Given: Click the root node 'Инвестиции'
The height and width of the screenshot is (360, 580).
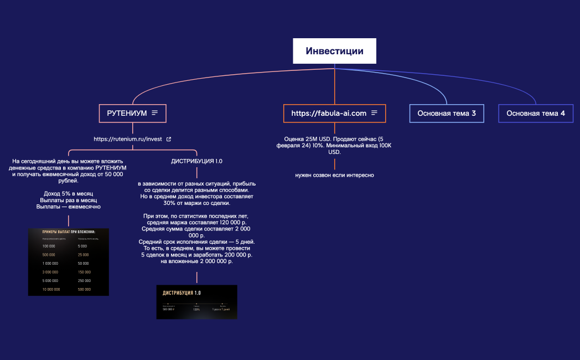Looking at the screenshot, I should [334, 51].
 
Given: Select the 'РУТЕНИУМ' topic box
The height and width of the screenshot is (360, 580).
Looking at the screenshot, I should [127, 113].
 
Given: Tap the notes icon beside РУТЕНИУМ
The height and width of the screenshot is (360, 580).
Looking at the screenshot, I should [155, 113].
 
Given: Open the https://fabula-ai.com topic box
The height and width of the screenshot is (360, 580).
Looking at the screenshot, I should [329, 113].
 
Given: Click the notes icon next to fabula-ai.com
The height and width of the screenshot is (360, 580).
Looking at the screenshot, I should [375, 113].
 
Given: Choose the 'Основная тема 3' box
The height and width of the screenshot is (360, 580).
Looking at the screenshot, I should [447, 113].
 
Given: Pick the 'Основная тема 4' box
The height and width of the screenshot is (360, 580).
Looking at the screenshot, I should [536, 113].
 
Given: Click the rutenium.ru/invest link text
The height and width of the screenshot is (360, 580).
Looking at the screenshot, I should [128, 139].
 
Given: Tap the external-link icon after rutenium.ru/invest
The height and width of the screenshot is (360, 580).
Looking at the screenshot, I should [169, 139].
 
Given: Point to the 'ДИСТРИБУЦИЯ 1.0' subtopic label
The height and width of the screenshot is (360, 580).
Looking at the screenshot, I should [197, 161].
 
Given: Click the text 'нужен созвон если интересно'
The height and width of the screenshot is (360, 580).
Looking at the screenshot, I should [334, 175].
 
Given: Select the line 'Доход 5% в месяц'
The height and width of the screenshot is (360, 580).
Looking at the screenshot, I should [69, 193].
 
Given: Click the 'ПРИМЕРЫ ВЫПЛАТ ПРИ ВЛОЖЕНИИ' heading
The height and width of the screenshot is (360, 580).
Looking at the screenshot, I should [69, 232].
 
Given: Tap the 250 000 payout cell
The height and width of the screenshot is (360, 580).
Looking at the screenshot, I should [85, 280].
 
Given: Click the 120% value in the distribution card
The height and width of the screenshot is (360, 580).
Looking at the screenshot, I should [196, 310].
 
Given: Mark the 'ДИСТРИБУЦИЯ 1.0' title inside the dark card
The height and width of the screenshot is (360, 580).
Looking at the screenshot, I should [182, 293].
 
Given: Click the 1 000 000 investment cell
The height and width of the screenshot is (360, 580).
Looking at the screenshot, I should [50, 263].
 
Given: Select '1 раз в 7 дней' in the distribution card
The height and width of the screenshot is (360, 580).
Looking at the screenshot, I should [221, 310].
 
